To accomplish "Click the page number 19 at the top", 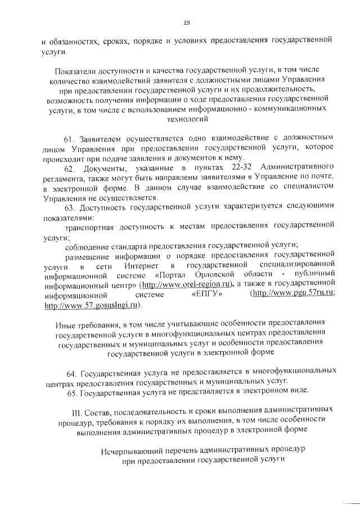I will tap(186, 22).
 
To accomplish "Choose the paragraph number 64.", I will tap(72, 372).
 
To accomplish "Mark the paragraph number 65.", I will tap(72, 391).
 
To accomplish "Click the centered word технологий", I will tap(186, 119).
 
